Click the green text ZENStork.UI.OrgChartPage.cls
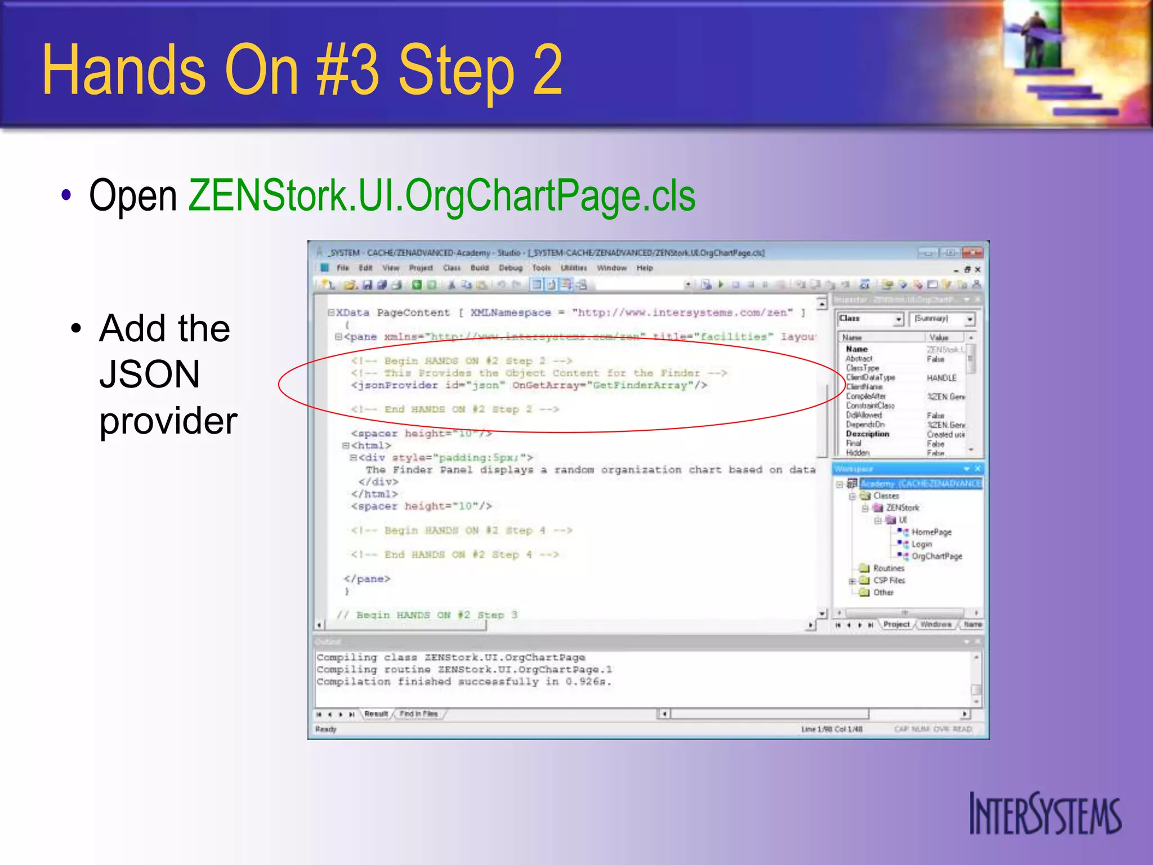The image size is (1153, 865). pyautogui.click(x=441, y=196)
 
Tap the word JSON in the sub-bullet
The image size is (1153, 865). pyautogui.click(x=149, y=374)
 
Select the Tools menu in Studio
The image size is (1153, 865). pyautogui.click(x=541, y=268)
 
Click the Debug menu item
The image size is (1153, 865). pyautogui.click(x=511, y=268)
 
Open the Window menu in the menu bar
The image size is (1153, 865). pyautogui.click(x=611, y=268)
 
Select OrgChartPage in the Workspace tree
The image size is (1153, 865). pyautogui.click(x=936, y=556)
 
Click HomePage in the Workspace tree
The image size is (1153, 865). pyautogui.click(x=931, y=532)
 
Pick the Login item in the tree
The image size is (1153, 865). pyautogui.click(x=922, y=545)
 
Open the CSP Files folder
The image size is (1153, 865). pyautogui.click(x=888, y=581)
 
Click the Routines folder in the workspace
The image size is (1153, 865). pyautogui.click(x=888, y=568)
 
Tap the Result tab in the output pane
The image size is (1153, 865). pyautogui.click(x=376, y=714)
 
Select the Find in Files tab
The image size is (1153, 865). pyautogui.click(x=418, y=714)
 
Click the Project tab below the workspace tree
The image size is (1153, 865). pyautogui.click(x=896, y=625)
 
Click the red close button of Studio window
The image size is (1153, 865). pyautogui.click(x=972, y=253)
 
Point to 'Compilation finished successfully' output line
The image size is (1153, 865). pyautogui.click(x=463, y=682)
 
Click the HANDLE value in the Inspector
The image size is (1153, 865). pyautogui.click(x=941, y=378)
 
